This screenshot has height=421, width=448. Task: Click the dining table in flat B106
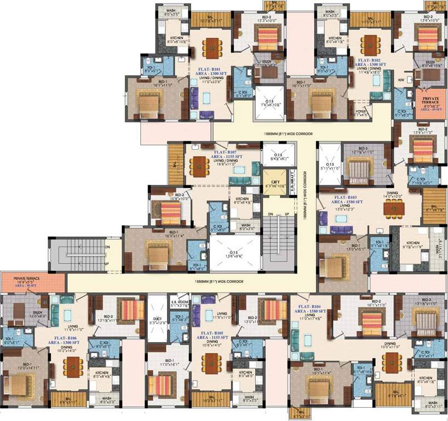tap(75, 366)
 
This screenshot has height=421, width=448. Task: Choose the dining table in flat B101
tap(210, 47)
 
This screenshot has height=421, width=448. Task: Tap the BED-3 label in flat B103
tap(362, 148)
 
